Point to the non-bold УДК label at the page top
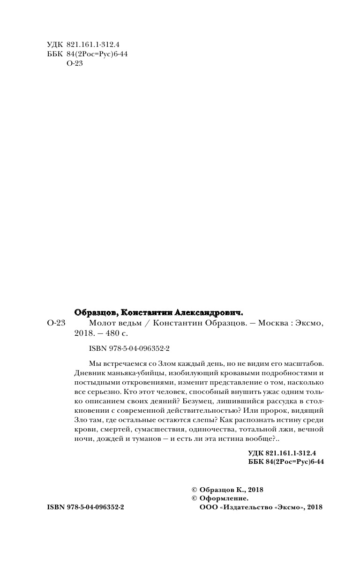click(x=54, y=45)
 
